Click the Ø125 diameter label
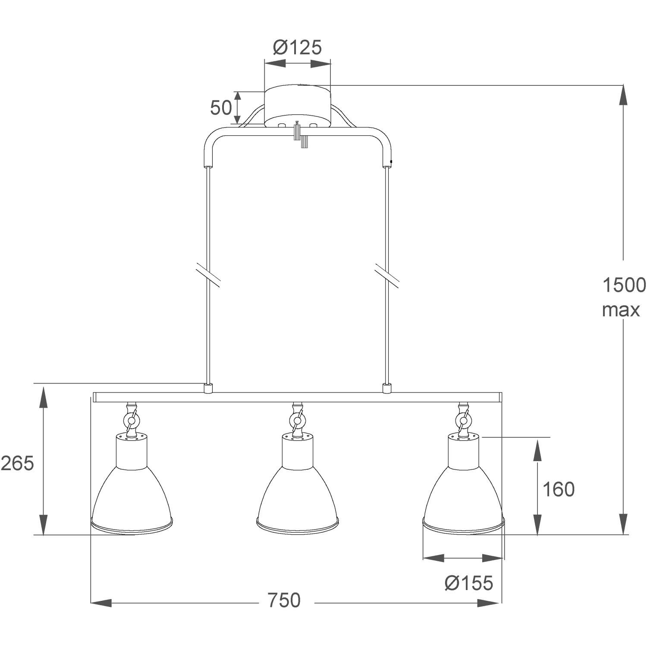(298, 47)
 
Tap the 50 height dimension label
(221, 108)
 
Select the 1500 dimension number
(624, 285)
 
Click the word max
(621, 310)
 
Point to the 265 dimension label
(17, 463)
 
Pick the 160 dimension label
(558, 489)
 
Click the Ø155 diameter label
(468, 583)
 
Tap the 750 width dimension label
(283, 600)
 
